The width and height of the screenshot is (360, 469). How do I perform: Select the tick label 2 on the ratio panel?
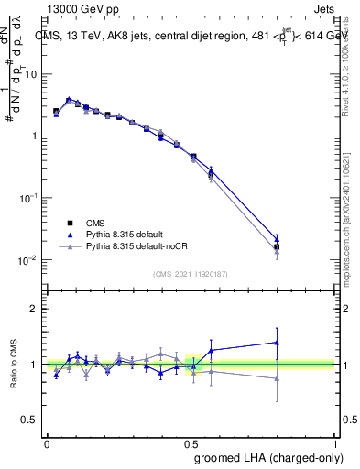[x=35, y=309]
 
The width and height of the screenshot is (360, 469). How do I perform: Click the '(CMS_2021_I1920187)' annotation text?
[x=189, y=274]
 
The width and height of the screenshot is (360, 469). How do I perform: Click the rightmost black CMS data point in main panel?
[x=277, y=246]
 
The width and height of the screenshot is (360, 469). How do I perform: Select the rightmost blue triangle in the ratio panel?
[x=277, y=343]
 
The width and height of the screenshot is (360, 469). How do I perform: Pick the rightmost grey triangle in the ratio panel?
[x=277, y=378]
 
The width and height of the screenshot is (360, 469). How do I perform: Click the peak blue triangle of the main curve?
[x=69, y=100]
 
